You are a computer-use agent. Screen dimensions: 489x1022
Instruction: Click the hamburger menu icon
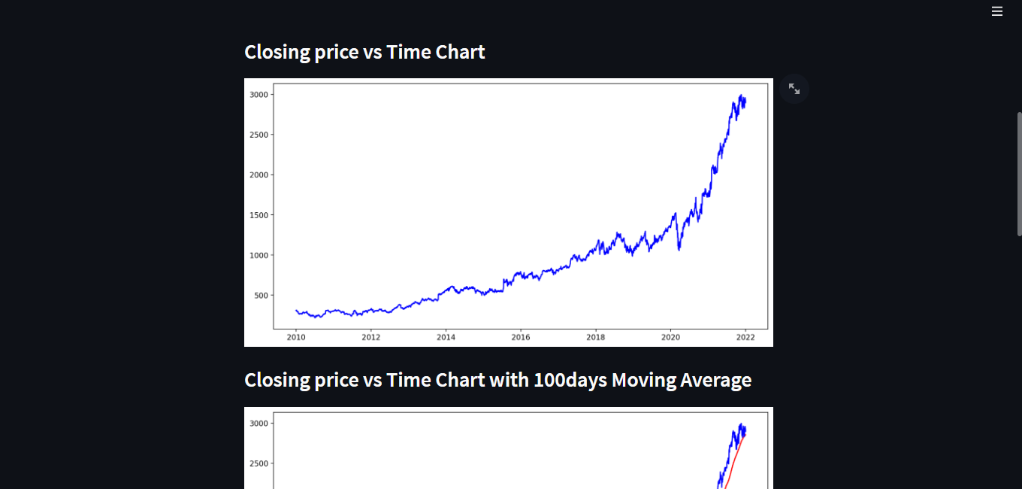(997, 11)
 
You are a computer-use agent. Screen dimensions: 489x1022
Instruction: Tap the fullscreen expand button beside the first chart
(794, 89)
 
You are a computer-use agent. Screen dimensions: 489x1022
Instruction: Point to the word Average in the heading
(715, 380)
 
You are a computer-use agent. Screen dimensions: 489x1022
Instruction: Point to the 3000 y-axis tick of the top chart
(259, 95)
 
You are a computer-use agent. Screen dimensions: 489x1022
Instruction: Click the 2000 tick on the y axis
(259, 175)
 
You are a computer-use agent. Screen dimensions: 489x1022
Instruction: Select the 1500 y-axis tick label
(259, 215)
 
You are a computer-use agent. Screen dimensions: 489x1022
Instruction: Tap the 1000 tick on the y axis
(259, 256)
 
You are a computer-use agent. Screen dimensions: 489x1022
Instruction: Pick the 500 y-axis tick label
(261, 296)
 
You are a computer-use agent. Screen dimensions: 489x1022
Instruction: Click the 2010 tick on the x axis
(296, 338)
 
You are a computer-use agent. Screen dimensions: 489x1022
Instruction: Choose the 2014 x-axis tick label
(446, 338)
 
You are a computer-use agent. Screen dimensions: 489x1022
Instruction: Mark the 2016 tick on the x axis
(521, 338)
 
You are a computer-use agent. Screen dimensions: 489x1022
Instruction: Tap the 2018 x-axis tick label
(595, 338)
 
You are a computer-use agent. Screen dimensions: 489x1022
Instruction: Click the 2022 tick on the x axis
(745, 338)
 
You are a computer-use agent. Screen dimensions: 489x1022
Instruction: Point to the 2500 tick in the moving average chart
(259, 464)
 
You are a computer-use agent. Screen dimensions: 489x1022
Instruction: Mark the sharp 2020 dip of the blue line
(679, 248)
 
